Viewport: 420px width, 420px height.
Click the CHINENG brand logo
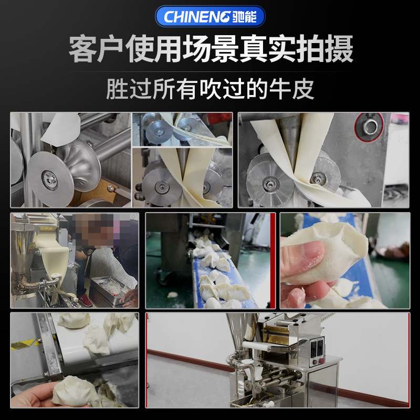(x=210, y=16)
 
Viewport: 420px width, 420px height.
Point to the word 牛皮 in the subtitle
(x=296, y=88)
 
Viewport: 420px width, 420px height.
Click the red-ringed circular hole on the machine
(x=371, y=127)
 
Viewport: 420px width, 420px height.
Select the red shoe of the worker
(x=85, y=301)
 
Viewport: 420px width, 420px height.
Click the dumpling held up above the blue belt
(x=323, y=247)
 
